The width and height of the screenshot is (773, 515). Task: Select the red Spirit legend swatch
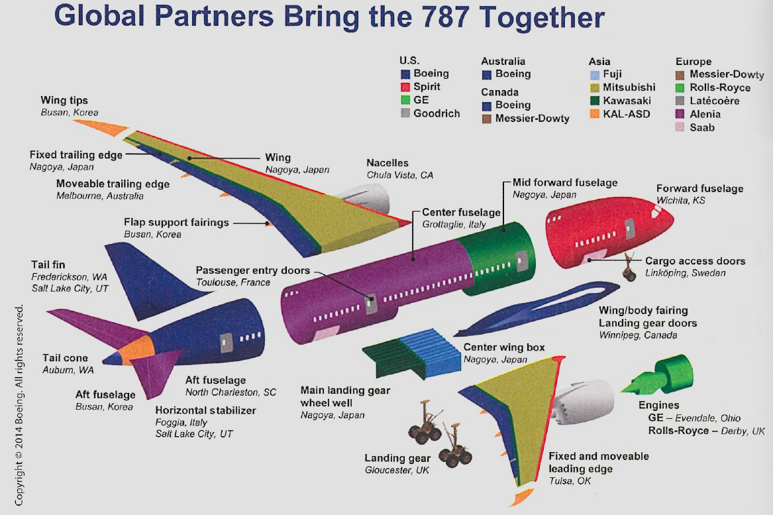[x=405, y=87]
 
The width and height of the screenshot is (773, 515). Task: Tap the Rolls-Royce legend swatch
[x=680, y=88]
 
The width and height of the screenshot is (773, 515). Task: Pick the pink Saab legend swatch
[x=680, y=127]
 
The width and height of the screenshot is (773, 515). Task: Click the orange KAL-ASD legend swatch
[x=593, y=114]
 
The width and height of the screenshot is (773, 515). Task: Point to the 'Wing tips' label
[x=64, y=101]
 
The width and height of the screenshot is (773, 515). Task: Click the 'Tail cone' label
[x=64, y=358]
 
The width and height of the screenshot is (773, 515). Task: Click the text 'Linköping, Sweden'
[x=685, y=273]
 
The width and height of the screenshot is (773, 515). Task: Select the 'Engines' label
[x=658, y=406]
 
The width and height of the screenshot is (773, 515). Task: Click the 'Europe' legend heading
[x=694, y=62]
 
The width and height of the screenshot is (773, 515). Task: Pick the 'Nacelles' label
[x=387, y=163]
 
